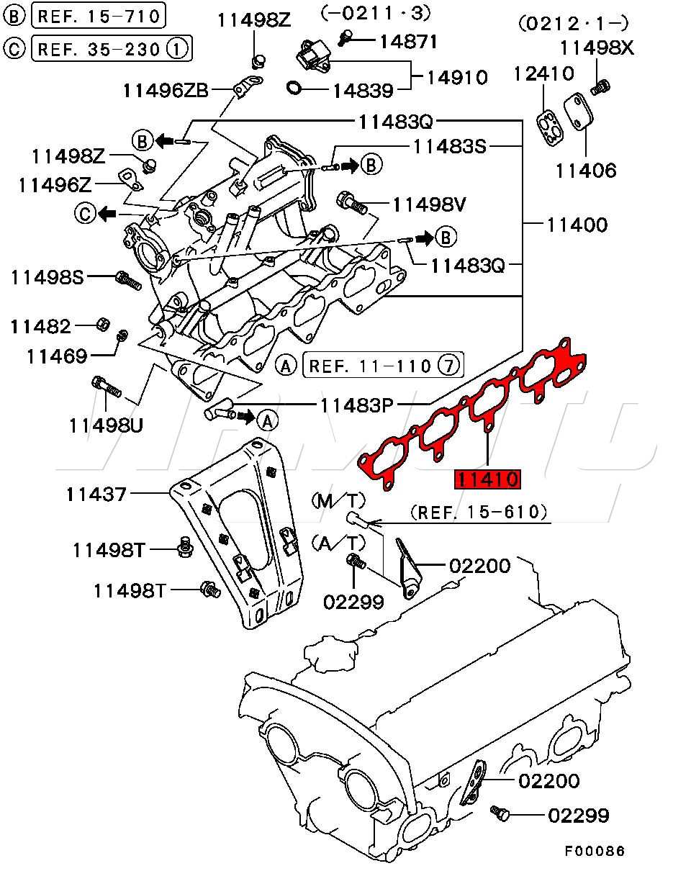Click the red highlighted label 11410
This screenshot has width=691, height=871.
[486, 479]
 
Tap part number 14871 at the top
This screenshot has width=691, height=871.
[408, 42]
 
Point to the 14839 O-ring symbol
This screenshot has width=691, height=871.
[294, 89]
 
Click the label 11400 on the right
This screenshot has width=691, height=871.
[577, 225]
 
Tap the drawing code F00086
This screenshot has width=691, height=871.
[595, 851]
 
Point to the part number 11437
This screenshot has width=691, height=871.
[96, 494]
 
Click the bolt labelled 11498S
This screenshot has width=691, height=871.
[127, 280]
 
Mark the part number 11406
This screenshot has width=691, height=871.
[586, 171]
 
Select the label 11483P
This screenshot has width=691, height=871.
[356, 405]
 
